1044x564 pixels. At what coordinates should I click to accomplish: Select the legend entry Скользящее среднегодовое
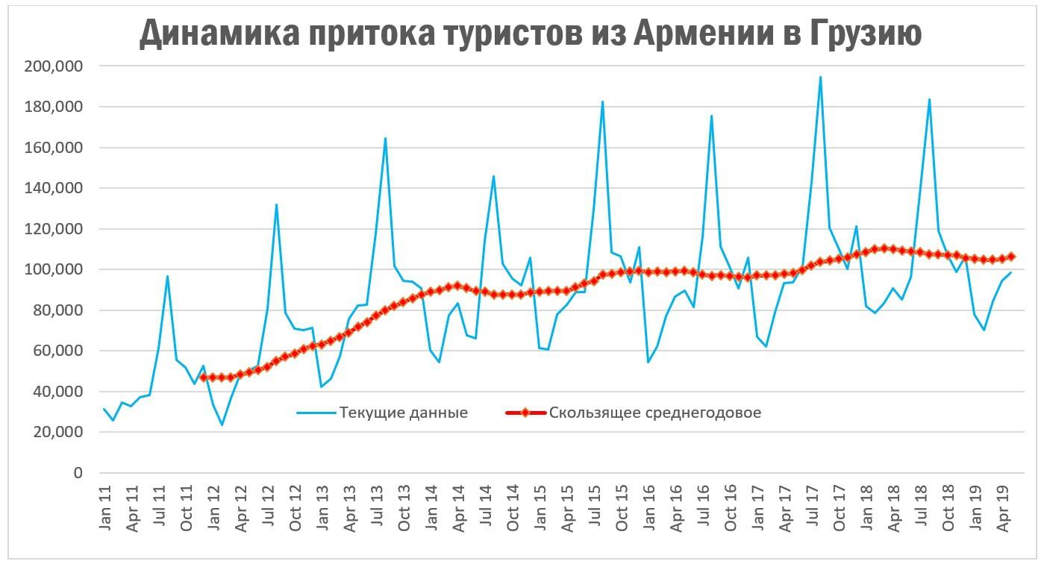coord(654,413)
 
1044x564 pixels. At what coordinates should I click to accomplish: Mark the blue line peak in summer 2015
coord(602,101)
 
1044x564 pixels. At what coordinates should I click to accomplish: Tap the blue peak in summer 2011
coord(167,276)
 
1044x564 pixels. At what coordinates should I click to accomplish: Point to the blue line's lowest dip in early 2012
coord(222,425)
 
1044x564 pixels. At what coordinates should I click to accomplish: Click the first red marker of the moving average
coord(203,377)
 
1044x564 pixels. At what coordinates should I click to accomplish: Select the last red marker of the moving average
coord(1011,257)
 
